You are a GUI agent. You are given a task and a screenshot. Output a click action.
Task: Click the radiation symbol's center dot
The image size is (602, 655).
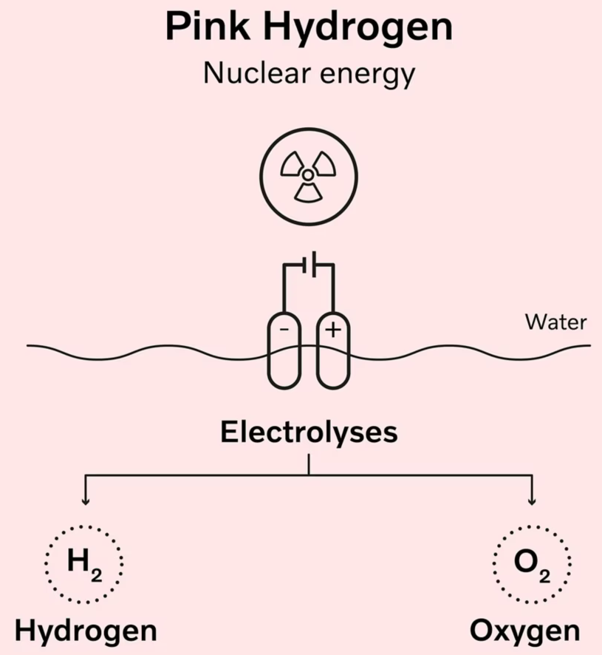pos(308,174)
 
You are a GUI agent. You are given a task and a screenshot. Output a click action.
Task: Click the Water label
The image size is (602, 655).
pos(556,322)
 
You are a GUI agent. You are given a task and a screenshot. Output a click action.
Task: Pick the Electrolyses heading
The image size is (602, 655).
pos(309,432)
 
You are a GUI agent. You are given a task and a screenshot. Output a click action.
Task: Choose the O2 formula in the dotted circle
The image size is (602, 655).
pos(530,565)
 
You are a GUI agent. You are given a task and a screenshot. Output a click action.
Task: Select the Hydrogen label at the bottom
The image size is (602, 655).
pos(86,631)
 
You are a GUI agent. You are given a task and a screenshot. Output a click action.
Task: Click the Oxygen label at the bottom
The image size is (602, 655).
pos(524,632)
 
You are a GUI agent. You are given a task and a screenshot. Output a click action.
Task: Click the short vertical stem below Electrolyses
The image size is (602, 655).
pos(308,464)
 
